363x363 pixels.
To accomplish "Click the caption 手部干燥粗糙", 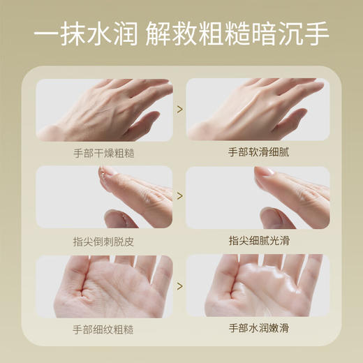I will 104,152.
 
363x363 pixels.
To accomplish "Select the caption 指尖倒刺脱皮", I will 104,240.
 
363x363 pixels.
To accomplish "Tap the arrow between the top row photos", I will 180,109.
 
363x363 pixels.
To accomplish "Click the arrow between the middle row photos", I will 180,197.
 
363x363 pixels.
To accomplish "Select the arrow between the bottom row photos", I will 180,286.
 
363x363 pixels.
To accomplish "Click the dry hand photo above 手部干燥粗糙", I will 104,110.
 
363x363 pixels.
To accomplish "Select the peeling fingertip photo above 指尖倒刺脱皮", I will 104,197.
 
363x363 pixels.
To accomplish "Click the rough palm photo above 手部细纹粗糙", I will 104,286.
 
